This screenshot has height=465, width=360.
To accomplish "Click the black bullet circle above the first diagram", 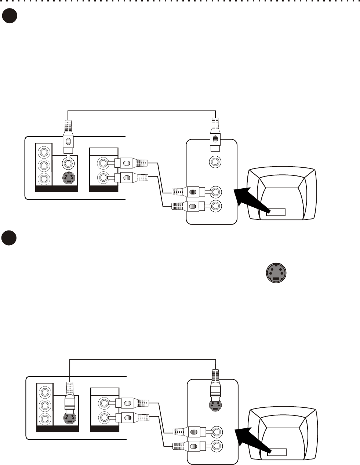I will click(10, 16).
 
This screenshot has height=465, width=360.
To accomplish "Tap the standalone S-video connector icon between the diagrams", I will click(276, 273).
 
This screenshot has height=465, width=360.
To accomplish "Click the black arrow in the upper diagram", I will click(248, 196).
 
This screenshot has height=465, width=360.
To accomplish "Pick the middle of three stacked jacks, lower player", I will click(45, 405).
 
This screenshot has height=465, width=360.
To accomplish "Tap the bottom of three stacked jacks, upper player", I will click(44, 179).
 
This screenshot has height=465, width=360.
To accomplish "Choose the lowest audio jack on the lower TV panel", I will click(217, 446).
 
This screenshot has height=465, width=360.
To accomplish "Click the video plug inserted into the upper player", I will click(68, 141).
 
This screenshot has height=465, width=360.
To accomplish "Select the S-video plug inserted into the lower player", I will click(69, 398).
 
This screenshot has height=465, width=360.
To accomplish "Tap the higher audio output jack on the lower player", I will click(104, 403).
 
